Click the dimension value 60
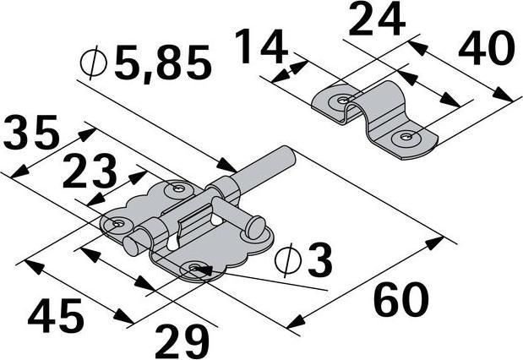click(401, 300)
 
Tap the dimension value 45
click(56, 316)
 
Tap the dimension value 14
click(259, 48)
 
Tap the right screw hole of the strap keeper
click(408, 136)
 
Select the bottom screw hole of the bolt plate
click(196, 269)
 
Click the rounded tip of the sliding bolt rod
click(286, 155)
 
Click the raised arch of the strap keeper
click(378, 101)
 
